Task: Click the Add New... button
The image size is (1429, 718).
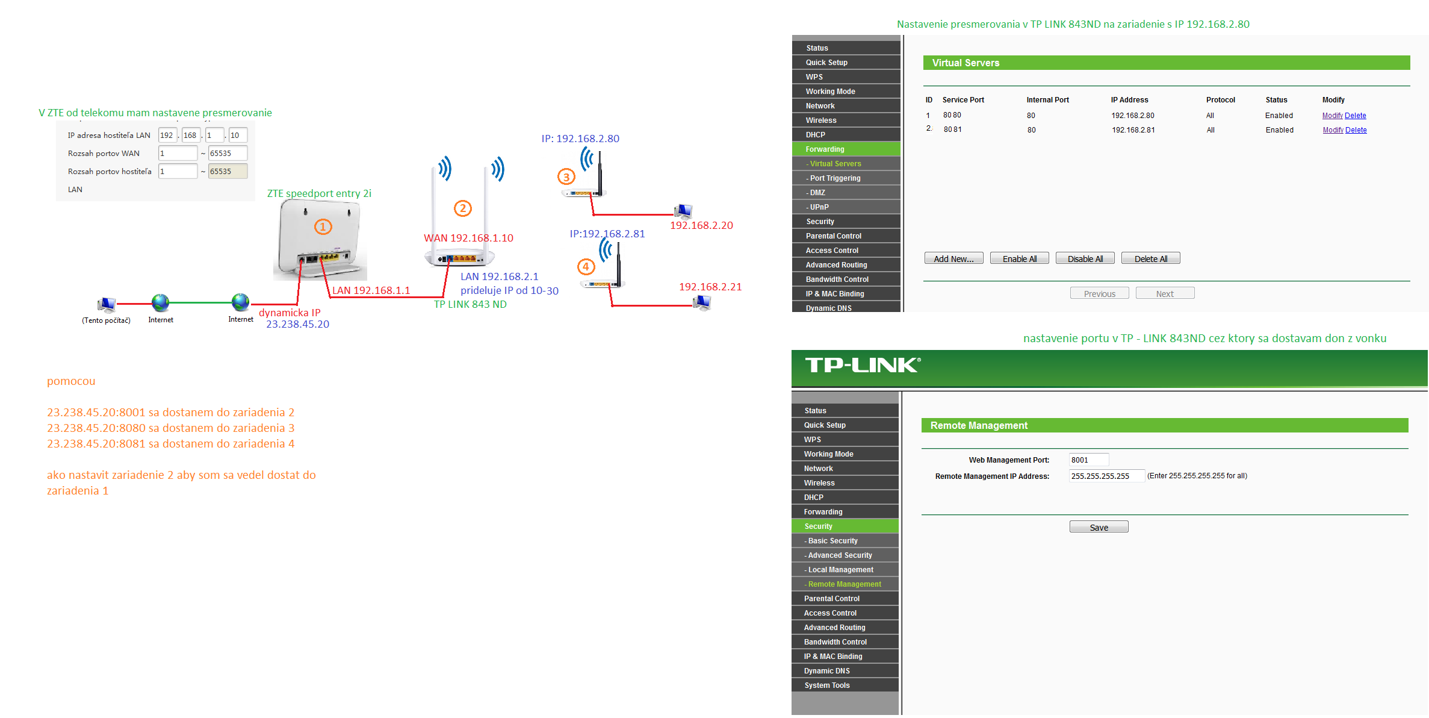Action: coord(953,258)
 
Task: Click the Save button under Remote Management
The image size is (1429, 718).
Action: coord(1099,527)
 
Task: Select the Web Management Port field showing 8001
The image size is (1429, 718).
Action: coord(1088,460)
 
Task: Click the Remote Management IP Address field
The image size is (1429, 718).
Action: coord(1106,476)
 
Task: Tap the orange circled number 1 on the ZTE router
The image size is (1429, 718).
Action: coord(323,227)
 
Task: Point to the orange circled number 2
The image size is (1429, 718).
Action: coord(462,208)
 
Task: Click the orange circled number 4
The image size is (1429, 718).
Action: coord(586,267)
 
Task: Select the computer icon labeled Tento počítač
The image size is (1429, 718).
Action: coord(107,305)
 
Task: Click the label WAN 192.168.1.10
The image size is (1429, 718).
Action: coord(468,238)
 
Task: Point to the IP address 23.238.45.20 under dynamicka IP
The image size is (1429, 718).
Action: coord(297,325)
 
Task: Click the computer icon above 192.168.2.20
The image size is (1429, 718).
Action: coord(683,211)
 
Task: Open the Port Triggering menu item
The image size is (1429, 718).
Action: coord(835,178)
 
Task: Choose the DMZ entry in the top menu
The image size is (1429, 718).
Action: coord(817,193)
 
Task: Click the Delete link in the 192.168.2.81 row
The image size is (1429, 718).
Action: coord(1356,130)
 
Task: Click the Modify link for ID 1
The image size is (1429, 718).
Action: coord(1332,116)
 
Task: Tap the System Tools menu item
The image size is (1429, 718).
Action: coord(827,685)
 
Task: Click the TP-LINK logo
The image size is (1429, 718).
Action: coord(863,365)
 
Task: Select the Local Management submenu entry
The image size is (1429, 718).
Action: coord(840,570)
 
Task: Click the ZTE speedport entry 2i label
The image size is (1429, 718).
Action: coord(319,193)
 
